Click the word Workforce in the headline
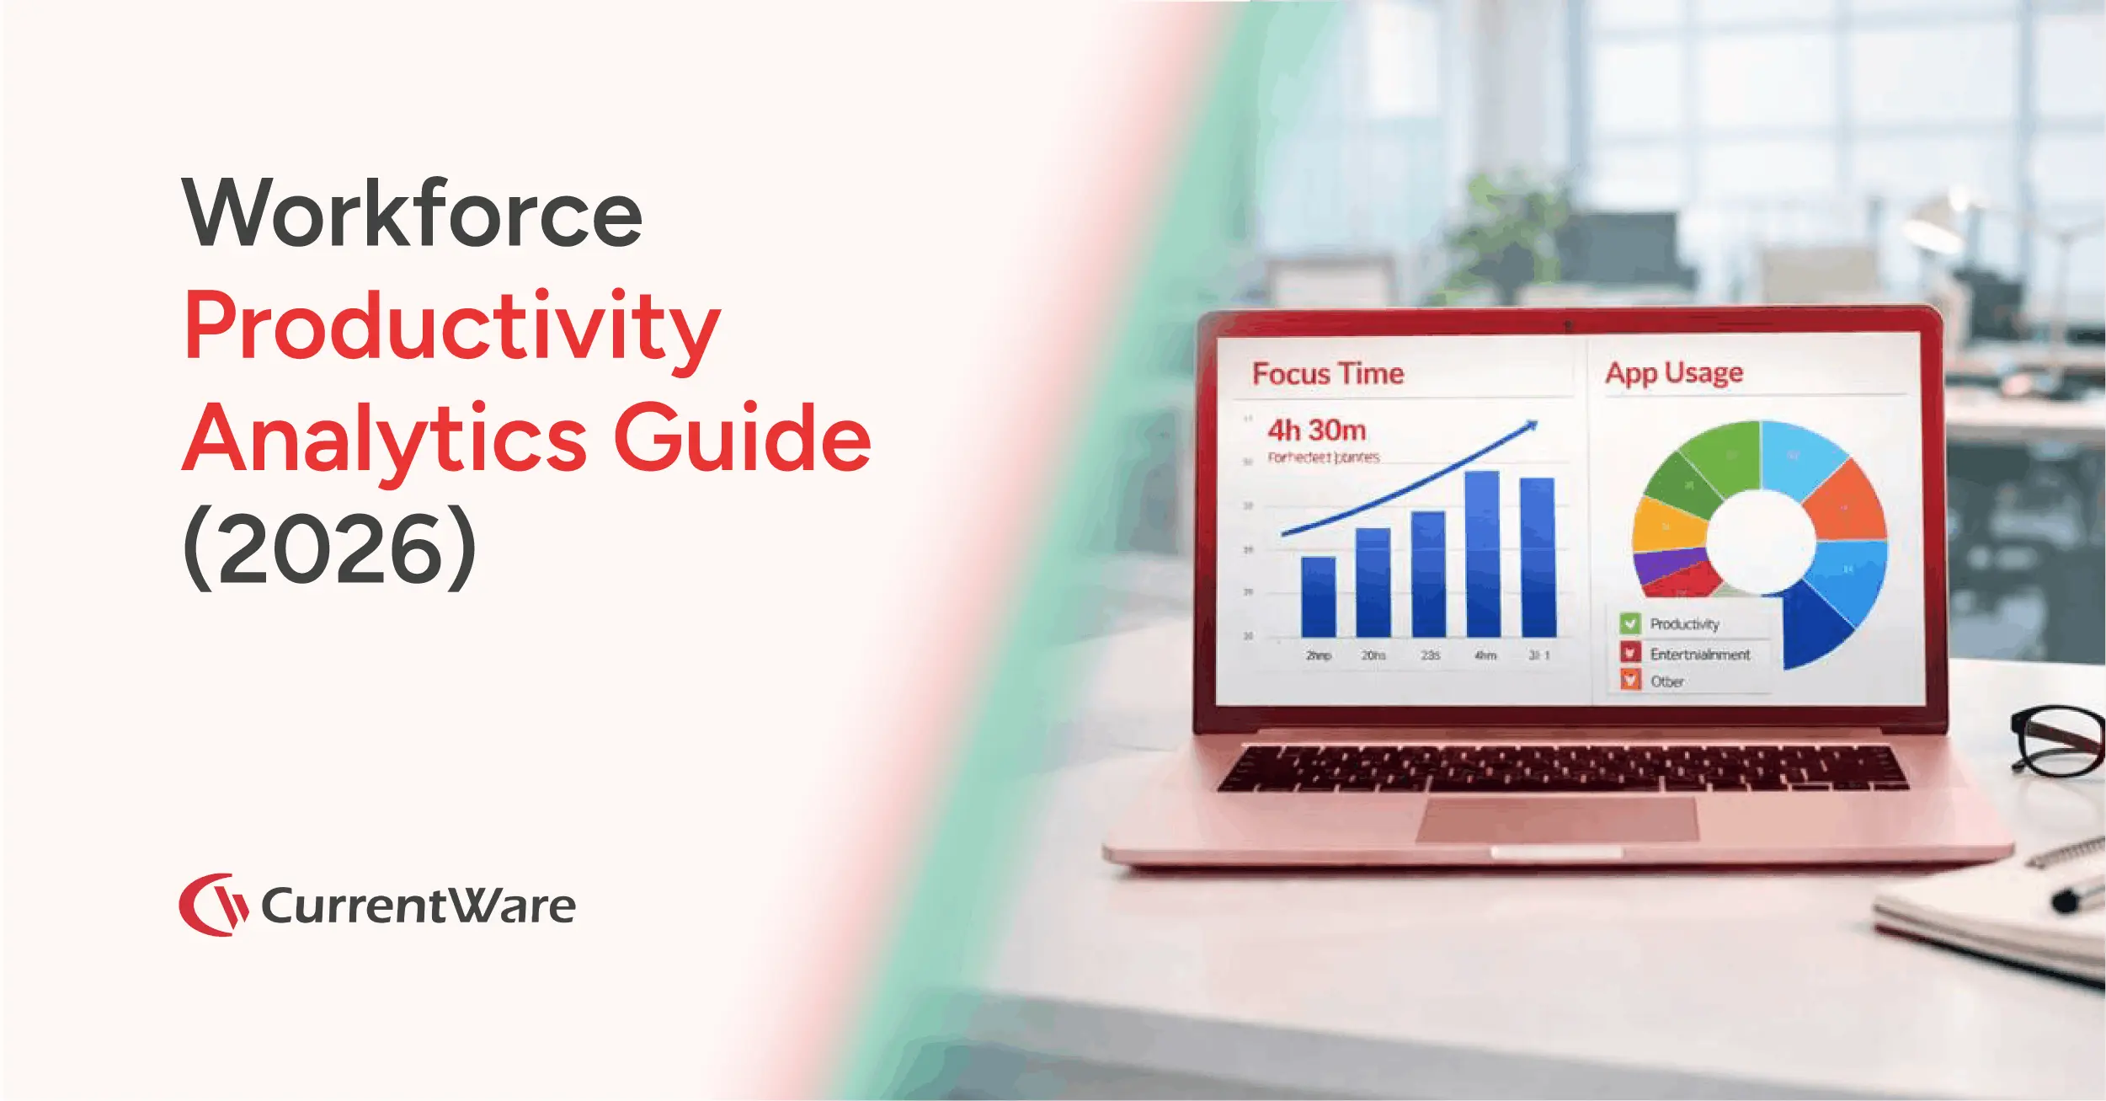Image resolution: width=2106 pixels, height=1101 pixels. [412, 213]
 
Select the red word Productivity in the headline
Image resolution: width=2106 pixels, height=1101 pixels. [451, 327]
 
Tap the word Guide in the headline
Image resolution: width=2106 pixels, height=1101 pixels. [742, 438]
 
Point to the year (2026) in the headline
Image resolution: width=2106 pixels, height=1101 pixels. [329, 548]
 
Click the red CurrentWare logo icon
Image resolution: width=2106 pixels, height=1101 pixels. [212, 905]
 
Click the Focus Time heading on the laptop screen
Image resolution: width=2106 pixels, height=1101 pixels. [1327, 374]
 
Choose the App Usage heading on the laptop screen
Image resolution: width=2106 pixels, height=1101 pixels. [1673, 372]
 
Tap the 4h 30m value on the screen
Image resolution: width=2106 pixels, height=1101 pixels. [1316, 430]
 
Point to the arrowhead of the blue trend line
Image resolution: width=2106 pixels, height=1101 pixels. [1532, 425]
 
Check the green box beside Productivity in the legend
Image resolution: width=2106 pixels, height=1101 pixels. [1629, 623]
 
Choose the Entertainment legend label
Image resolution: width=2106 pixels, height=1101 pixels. [1699, 654]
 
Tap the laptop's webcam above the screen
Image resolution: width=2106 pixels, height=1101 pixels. [1567, 324]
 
